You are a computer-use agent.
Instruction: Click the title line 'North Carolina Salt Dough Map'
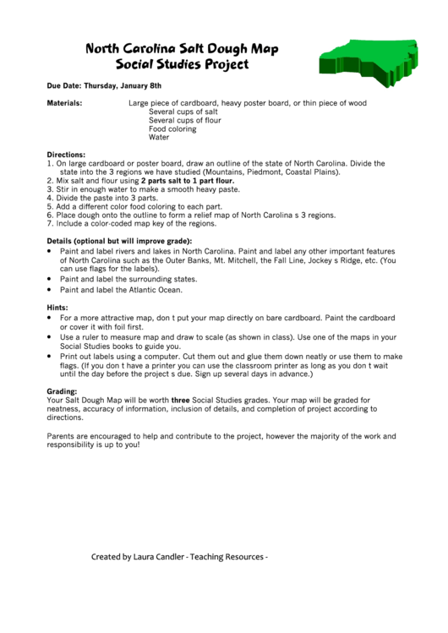(x=182, y=49)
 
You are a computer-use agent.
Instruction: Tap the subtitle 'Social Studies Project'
(x=182, y=64)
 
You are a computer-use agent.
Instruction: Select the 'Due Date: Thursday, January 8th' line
(x=104, y=86)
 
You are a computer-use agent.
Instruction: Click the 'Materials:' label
(x=64, y=103)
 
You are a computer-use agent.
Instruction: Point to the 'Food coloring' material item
(x=172, y=128)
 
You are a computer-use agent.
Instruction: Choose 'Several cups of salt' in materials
(x=183, y=112)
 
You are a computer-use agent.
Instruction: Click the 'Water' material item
(x=159, y=137)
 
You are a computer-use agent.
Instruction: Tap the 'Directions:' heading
(x=66, y=156)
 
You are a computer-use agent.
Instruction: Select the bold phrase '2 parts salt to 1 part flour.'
(x=188, y=181)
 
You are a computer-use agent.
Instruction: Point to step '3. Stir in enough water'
(x=144, y=189)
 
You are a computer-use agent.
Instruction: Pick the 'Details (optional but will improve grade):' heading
(x=119, y=241)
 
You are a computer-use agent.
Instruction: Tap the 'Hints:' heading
(x=57, y=308)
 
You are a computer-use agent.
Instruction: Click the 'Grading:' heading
(x=62, y=391)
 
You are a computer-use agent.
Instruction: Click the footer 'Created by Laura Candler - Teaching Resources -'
(x=179, y=557)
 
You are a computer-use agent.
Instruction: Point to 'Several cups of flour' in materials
(x=184, y=120)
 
